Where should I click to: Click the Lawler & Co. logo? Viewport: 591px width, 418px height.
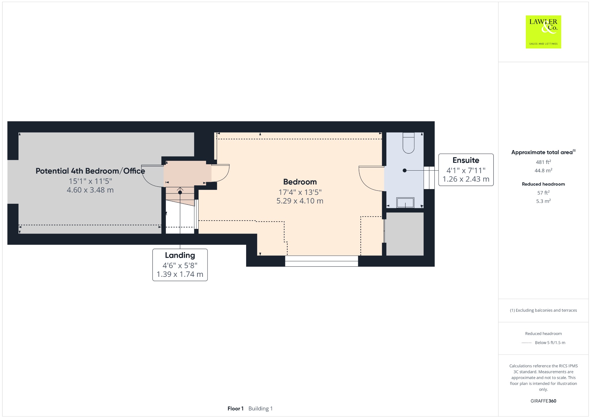click(x=543, y=32)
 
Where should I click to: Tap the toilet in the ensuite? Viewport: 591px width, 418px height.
click(x=408, y=143)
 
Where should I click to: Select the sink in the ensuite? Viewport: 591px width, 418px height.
click(x=405, y=203)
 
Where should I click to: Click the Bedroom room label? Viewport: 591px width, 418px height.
click(x=300, y=182)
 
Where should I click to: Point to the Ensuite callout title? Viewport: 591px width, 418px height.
click(x=466, y=160)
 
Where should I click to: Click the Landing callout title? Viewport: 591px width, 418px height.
click(x=180, y=255)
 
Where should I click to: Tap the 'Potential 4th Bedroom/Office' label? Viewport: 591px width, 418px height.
click(x=90, y=171)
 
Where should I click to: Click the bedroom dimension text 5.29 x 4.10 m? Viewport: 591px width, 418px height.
click(x=300, y=201)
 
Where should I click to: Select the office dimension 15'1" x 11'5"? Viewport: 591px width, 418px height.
click(x=90, y=181)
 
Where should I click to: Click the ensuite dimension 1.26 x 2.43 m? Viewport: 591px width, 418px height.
click(x=466, y=179)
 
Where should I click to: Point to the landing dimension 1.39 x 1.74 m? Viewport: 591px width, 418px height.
click(x=180, y=274)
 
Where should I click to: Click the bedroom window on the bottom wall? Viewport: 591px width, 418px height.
click(x=321, y=261)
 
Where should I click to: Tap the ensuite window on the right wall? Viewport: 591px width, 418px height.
click(x=429, y=178)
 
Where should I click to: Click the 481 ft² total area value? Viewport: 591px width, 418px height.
click(x=543, y=162)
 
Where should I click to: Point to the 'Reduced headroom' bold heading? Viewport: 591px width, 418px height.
click(x=543, y=184)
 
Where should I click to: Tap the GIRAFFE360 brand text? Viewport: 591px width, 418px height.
click(x=543, y=401)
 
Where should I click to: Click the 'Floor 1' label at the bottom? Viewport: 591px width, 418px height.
click(x=235, y=408)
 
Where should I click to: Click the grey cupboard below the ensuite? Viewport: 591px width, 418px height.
click(x=405, y=234)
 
